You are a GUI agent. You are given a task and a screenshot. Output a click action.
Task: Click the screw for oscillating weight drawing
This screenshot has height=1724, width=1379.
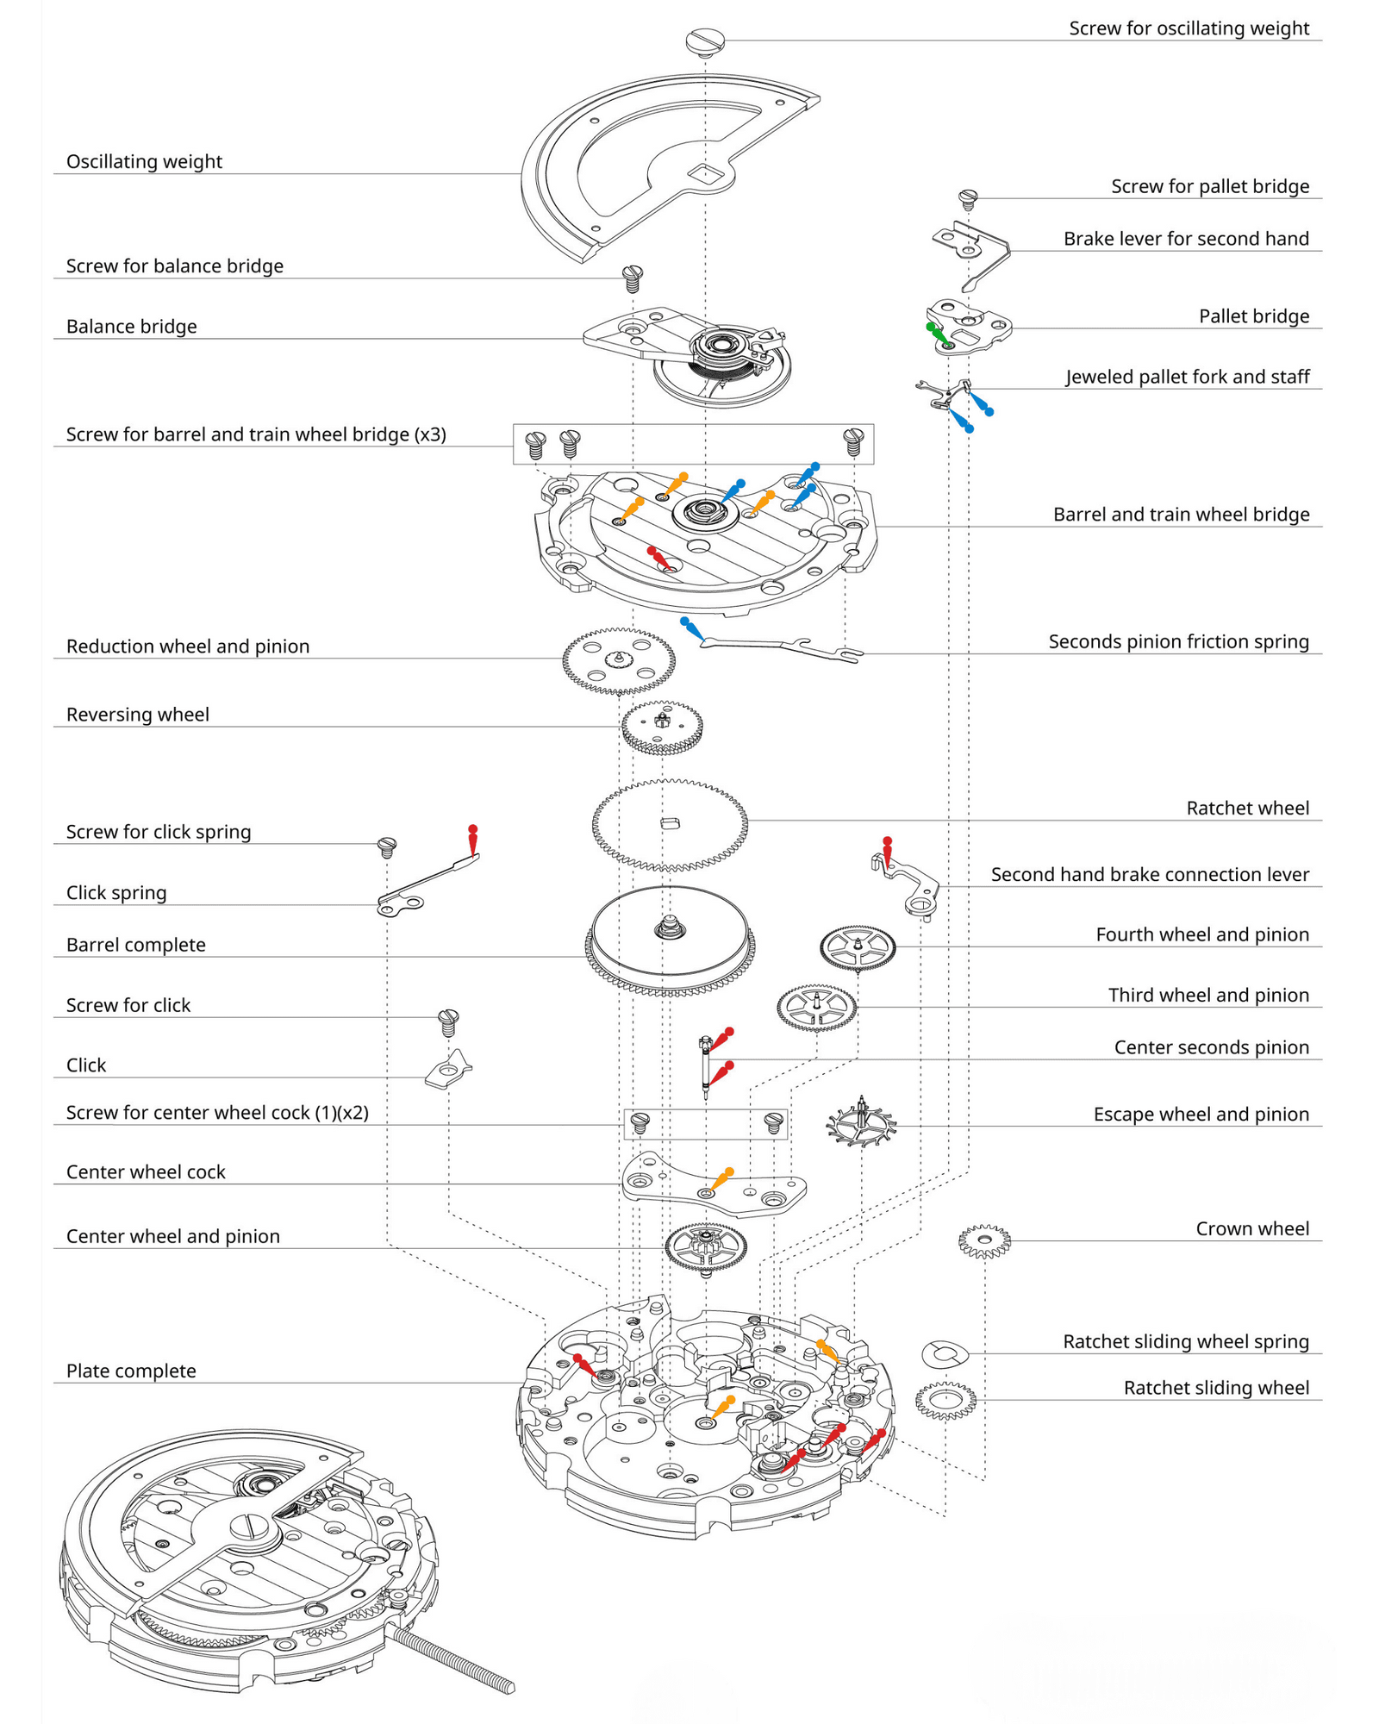click(x=705, y=41)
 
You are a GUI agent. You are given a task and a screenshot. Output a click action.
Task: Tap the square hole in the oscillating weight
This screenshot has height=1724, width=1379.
click(x=704, y=173)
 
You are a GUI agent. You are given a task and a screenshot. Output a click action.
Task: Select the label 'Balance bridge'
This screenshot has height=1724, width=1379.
click(x=131, y=327)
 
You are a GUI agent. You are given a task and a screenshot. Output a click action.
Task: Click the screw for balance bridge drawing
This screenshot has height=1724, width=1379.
click(x=633, y=278)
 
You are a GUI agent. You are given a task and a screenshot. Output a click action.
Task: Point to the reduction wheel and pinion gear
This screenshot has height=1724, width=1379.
click(x=618, y=661)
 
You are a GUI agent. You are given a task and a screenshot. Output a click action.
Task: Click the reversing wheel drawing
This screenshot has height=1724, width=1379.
click(x=662, y=727)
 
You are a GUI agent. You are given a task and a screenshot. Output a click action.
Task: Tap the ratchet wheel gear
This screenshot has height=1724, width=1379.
click(x=670, y=824)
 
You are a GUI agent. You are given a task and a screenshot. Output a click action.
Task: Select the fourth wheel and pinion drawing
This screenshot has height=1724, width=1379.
click(x=858, y=947)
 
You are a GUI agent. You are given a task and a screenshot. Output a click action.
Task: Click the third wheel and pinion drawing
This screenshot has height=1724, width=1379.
click(x=816, y=1007)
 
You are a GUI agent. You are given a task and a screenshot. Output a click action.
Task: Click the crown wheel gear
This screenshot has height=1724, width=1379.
click(x=984, y=1241)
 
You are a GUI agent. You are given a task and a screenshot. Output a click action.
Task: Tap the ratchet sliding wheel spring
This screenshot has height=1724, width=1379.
click(x=945, y=1354)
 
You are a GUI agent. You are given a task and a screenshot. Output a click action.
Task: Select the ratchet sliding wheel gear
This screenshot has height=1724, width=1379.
click(x=945, y=1401)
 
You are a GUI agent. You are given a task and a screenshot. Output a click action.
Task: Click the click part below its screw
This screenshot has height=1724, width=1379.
click(x=448, y=1071)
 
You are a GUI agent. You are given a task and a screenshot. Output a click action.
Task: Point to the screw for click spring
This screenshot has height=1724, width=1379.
click(x=387, y=847)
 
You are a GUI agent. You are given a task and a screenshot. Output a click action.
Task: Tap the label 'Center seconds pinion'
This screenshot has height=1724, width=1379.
click(x=1211, y=1047)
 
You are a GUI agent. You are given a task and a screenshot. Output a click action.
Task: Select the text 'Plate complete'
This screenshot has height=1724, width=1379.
click(x=131, y=1371)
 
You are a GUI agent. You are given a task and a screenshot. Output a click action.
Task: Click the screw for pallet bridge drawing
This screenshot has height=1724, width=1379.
click(x=968, y=199)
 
